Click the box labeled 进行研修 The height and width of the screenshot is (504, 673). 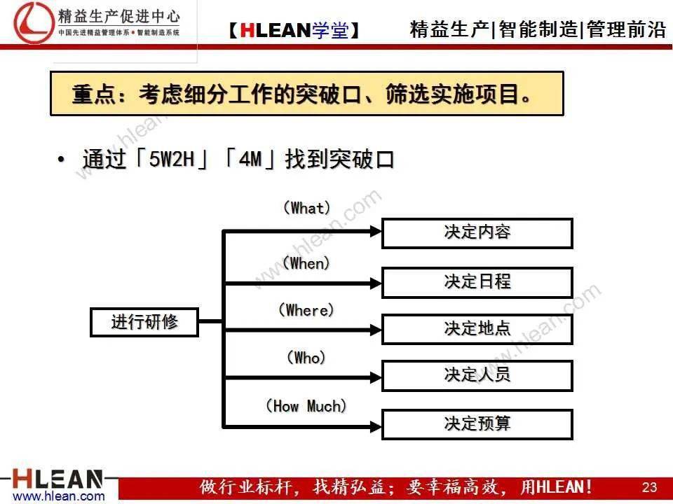[x=144, y=322]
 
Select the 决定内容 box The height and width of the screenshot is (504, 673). [x=477, y=233]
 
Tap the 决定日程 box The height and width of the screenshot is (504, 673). [x=477, y=282]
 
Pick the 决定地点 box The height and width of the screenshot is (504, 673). [x=477, y=329]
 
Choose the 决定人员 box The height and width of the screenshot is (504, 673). [x=477, y=375]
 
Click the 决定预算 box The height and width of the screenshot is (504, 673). [x=477, y=424]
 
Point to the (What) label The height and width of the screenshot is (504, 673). [x=307, y=209]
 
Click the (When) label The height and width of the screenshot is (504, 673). [x=306, y=263]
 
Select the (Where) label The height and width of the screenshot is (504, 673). [x=306, y=310]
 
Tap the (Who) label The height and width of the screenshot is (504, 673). [x=306, y=358]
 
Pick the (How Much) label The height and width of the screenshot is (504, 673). [x=306, y=405]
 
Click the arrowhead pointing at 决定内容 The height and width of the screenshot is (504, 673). [x=376, y=232]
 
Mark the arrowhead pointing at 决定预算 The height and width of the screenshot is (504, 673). [x=376, y=426]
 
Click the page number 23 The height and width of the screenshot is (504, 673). [x=649, y=487]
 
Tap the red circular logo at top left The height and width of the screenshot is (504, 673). [x=33, y=22]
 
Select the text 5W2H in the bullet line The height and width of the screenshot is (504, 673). [x=172, y=160]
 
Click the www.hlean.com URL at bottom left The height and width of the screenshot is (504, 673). [x=59, y=497]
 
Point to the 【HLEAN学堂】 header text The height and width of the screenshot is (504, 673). [x=294, y=30]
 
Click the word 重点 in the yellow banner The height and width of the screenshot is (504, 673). [x=93, y=94]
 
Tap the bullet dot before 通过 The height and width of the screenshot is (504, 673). [x=61, y=160]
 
